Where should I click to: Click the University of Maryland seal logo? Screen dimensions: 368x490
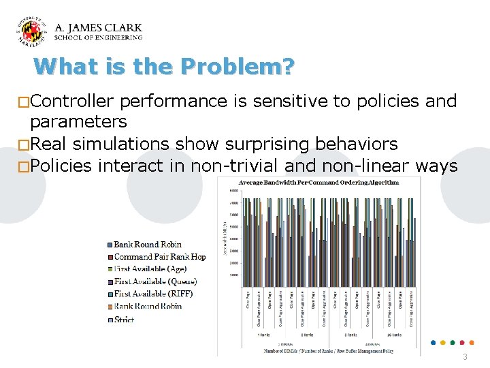[x=32, y=32]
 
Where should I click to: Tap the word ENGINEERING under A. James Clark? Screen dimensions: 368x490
[x=118, y=38]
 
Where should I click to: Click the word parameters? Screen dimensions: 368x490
[x=78, y=121]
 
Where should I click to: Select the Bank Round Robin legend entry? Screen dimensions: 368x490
[x=148, y=245]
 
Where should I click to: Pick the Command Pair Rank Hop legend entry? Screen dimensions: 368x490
[x=159, y=257]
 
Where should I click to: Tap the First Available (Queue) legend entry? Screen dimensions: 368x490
[x=155, y=281]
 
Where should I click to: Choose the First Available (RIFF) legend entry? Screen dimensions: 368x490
[x=153, y=294]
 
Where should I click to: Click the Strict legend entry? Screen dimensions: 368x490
[x=124, y=319]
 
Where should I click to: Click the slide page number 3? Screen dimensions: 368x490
[x=465, y=357]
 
